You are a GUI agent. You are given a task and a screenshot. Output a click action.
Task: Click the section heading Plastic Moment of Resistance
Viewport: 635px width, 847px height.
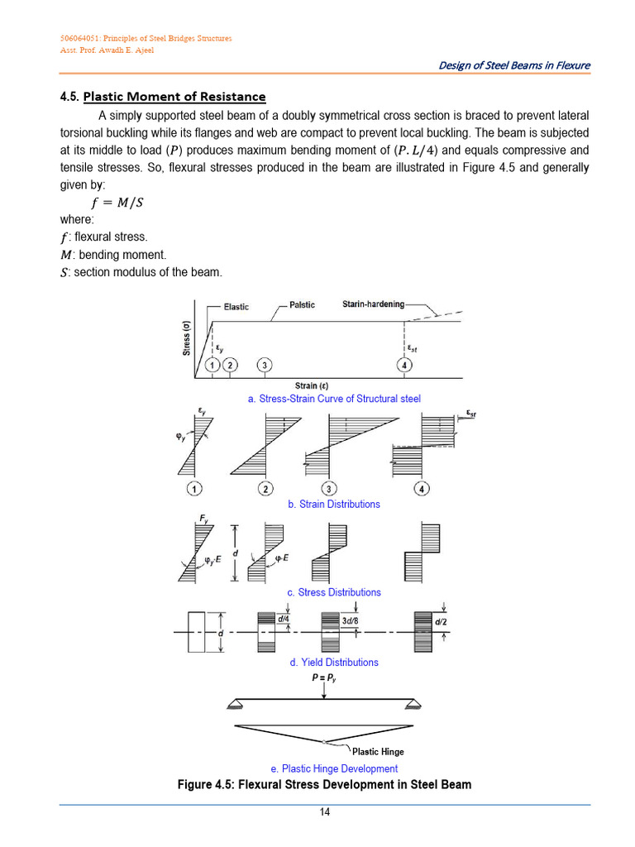[x=174, y=97]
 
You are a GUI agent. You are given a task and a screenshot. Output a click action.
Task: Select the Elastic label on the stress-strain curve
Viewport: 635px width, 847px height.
[x=236, y=307]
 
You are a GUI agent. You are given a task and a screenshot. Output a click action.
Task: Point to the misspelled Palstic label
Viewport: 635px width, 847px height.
[x=302, y=305]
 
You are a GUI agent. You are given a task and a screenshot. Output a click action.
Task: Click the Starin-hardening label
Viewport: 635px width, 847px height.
[x=374, y=304]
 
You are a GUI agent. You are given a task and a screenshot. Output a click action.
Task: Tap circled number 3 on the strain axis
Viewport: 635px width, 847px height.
[x=264, y=366]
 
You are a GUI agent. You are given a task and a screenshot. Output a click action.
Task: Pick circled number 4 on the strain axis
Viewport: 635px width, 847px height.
[x=404, y=366]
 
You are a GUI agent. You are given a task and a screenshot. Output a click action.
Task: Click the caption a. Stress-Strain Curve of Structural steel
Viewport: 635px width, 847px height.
[x=334, y=399]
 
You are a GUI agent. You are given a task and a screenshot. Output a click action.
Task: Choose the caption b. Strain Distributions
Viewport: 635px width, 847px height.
[x=334, y=504]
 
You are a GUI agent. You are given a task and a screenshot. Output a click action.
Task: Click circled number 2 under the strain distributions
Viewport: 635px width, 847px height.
[x=265, y=489]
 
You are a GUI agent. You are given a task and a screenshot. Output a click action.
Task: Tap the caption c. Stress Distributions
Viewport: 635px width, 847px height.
[x=334, y=592]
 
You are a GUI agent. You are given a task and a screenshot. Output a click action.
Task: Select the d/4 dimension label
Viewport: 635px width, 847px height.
[x=284, y=619]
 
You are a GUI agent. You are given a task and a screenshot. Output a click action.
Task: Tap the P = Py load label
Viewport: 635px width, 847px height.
[x=323, y=678]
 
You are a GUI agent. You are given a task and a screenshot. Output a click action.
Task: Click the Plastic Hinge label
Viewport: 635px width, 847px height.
[x=378, y=752]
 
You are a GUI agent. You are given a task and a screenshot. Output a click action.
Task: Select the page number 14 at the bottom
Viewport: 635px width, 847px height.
[x=325, y=812]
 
